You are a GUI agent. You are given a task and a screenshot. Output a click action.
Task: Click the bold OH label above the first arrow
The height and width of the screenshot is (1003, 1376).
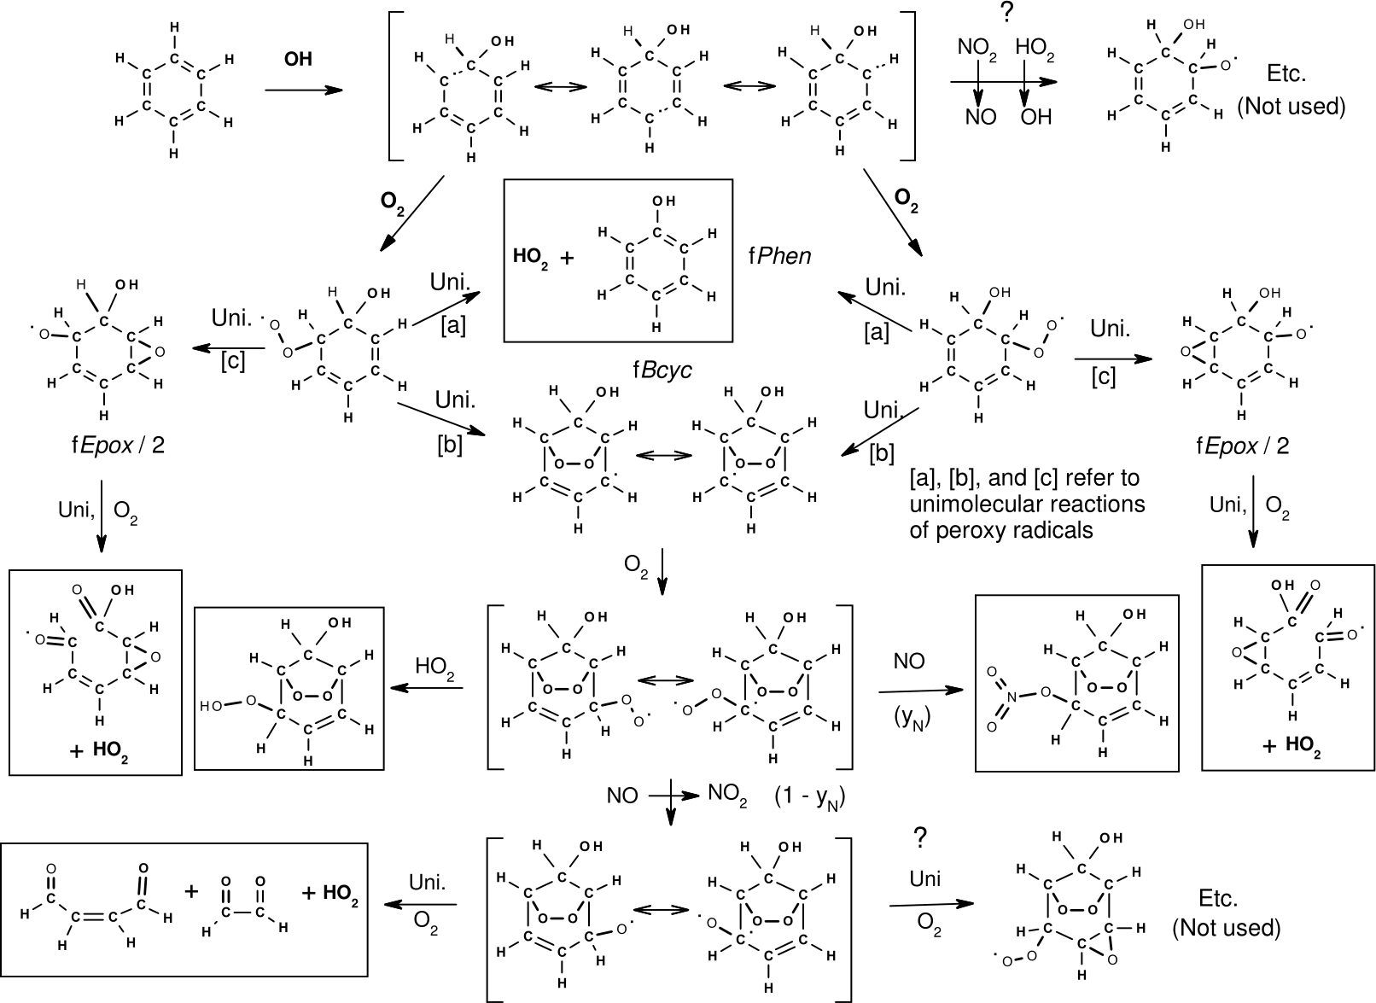(298, 60)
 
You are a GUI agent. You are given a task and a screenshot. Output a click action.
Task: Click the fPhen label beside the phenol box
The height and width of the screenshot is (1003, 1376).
(780, 255)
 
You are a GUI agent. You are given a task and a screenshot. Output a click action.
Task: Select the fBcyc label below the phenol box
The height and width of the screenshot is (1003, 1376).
(662, 370)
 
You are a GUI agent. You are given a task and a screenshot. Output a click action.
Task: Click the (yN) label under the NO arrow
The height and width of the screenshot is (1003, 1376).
(912, 718)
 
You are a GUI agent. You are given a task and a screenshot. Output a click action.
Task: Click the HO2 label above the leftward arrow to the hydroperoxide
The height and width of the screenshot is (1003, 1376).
(434, 666)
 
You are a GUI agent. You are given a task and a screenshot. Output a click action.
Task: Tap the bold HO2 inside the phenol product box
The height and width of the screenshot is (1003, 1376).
(529, 255)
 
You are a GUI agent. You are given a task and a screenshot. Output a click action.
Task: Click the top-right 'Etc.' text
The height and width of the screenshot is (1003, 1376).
(1286, 73)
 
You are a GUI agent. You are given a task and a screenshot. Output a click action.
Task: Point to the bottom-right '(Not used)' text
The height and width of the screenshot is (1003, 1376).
(1227, 927)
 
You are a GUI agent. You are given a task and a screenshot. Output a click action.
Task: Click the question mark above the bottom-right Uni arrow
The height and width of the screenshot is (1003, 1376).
(919, 840)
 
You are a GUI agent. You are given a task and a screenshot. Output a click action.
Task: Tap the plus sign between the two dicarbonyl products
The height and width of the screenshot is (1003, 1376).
(192, 893)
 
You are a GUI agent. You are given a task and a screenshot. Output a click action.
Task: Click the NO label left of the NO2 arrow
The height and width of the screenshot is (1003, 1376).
(622, 796)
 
